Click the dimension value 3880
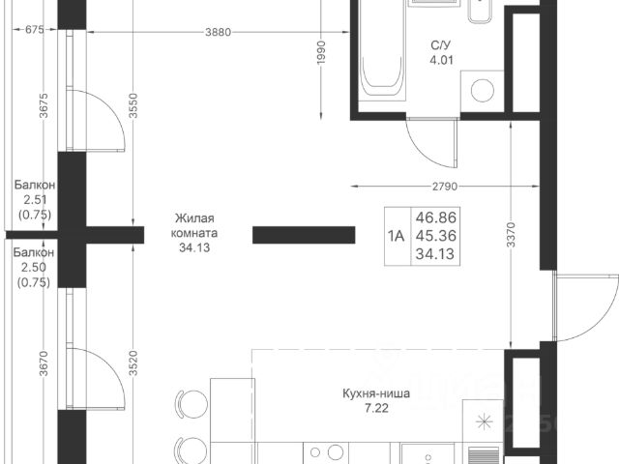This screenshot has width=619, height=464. pyautogui.click(x=219, y=32)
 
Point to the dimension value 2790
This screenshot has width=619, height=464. pyautogui.click(x=431, y=186)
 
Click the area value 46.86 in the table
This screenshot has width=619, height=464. pyautogui.click(x=435, y=219)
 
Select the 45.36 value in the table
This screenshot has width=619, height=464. pyautogui.click(x=435, y=237)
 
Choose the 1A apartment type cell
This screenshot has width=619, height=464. pyautogui.click(x=397, y=237)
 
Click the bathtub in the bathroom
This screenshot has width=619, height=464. pyautogui.click(x=384, y=53)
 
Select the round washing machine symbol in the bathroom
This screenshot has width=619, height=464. pyautogui.click(x=484, y=92)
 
